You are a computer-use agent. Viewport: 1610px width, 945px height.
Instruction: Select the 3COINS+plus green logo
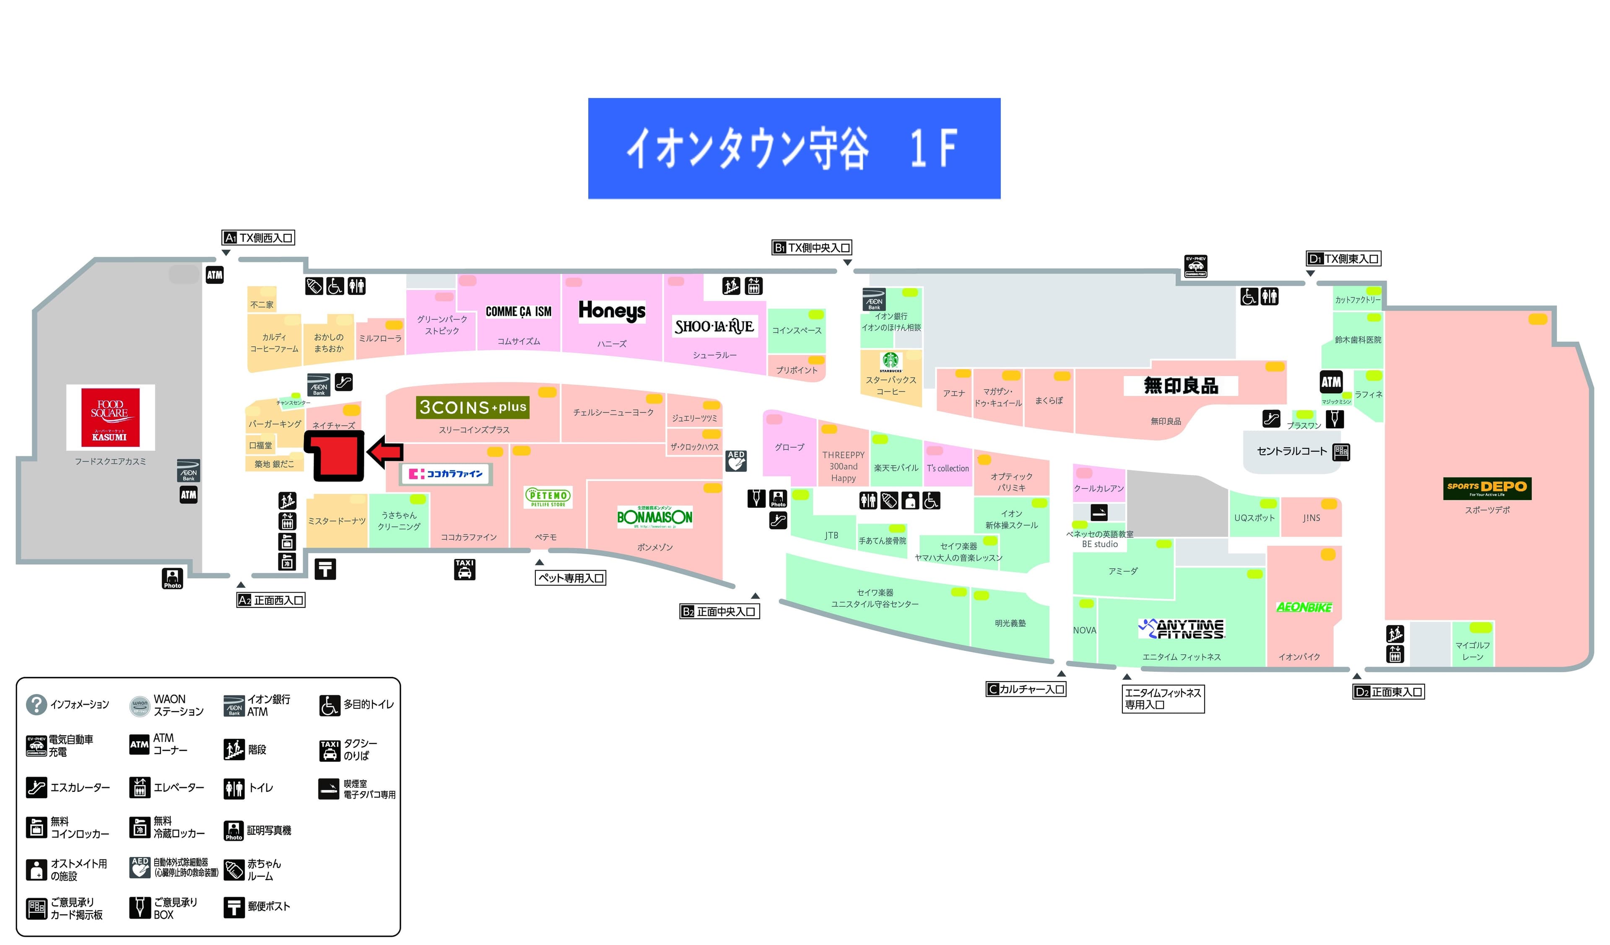(473, 407)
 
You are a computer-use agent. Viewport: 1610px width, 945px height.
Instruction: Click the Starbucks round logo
(890, 361)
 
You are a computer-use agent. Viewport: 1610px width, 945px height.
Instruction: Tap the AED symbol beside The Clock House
(736, 460)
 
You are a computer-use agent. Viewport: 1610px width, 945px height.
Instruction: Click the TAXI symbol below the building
(465, 569)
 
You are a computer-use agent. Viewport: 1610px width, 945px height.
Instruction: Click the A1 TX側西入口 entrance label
(258, 238)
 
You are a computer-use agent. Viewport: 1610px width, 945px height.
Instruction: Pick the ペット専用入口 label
(571, 578)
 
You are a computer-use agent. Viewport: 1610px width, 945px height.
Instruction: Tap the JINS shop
(1311, 518)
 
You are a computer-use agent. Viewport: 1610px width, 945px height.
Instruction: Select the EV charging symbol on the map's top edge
(1195, 266)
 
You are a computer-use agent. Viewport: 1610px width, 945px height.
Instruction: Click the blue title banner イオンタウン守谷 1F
(794, 148)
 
